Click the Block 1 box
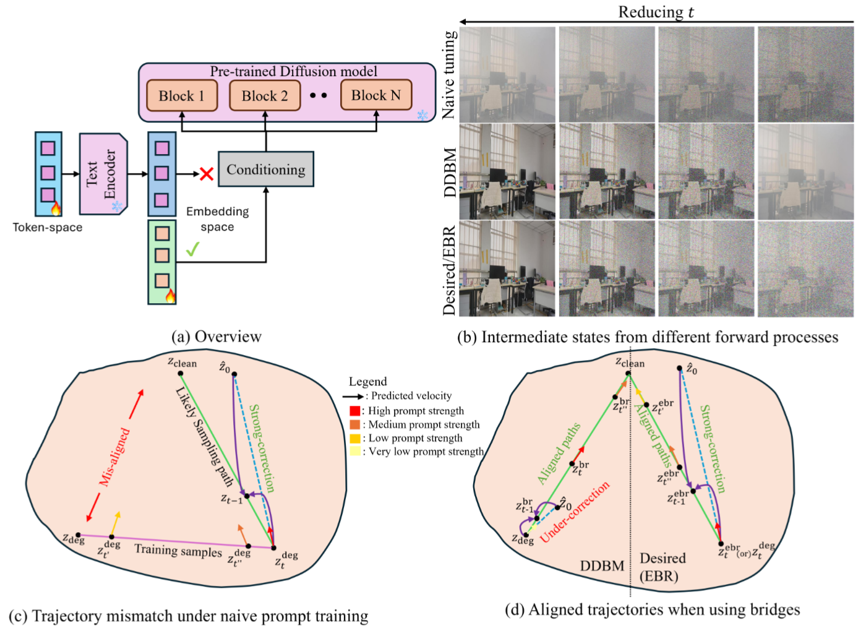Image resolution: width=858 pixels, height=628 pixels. pyautogui.click(x=181, y=96)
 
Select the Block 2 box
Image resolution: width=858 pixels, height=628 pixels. pyautogui.click(x=265, y=96)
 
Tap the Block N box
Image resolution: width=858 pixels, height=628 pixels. pyautogui.click(x=376, y=95)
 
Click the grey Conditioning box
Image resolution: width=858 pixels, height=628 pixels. pyautogui.click(x=266, y=170)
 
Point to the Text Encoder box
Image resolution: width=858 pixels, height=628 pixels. pyautogui.click(x=103, y=174)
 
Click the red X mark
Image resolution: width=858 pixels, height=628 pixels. pyautogui.click(x=207, y=174)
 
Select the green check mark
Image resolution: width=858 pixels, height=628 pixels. pyautogui.click(x=192, y=249)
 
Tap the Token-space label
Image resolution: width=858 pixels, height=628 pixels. pyautogui.click(x=48, y=227)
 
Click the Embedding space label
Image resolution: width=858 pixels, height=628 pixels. pyautogui.click(x=217, y=219)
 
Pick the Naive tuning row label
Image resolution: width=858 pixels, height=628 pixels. pyautogui.click(x=449, y=74)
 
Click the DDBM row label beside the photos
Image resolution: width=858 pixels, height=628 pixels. pyautogui.click(x=450, y=173)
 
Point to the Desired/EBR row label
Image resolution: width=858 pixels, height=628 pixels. pyautogui.click(x=450, y=270)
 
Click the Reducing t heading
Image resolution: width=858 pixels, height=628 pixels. pyautogui.click(x=656, y=12)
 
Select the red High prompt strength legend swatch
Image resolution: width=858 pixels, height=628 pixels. pyautogui.click(x=354, y=411)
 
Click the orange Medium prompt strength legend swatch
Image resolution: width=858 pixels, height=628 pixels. pyautogui.click(x=354, y=424)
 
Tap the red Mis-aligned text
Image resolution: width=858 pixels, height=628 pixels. pyautogui.click(x=115, y=457)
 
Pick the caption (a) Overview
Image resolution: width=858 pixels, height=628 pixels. pyautogui.click(x=217, y=337)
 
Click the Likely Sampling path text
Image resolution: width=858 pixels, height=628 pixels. pyautogui.click(x=205, y=437)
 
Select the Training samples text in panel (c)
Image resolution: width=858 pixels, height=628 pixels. pyautogui.click(x=178, y=550)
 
